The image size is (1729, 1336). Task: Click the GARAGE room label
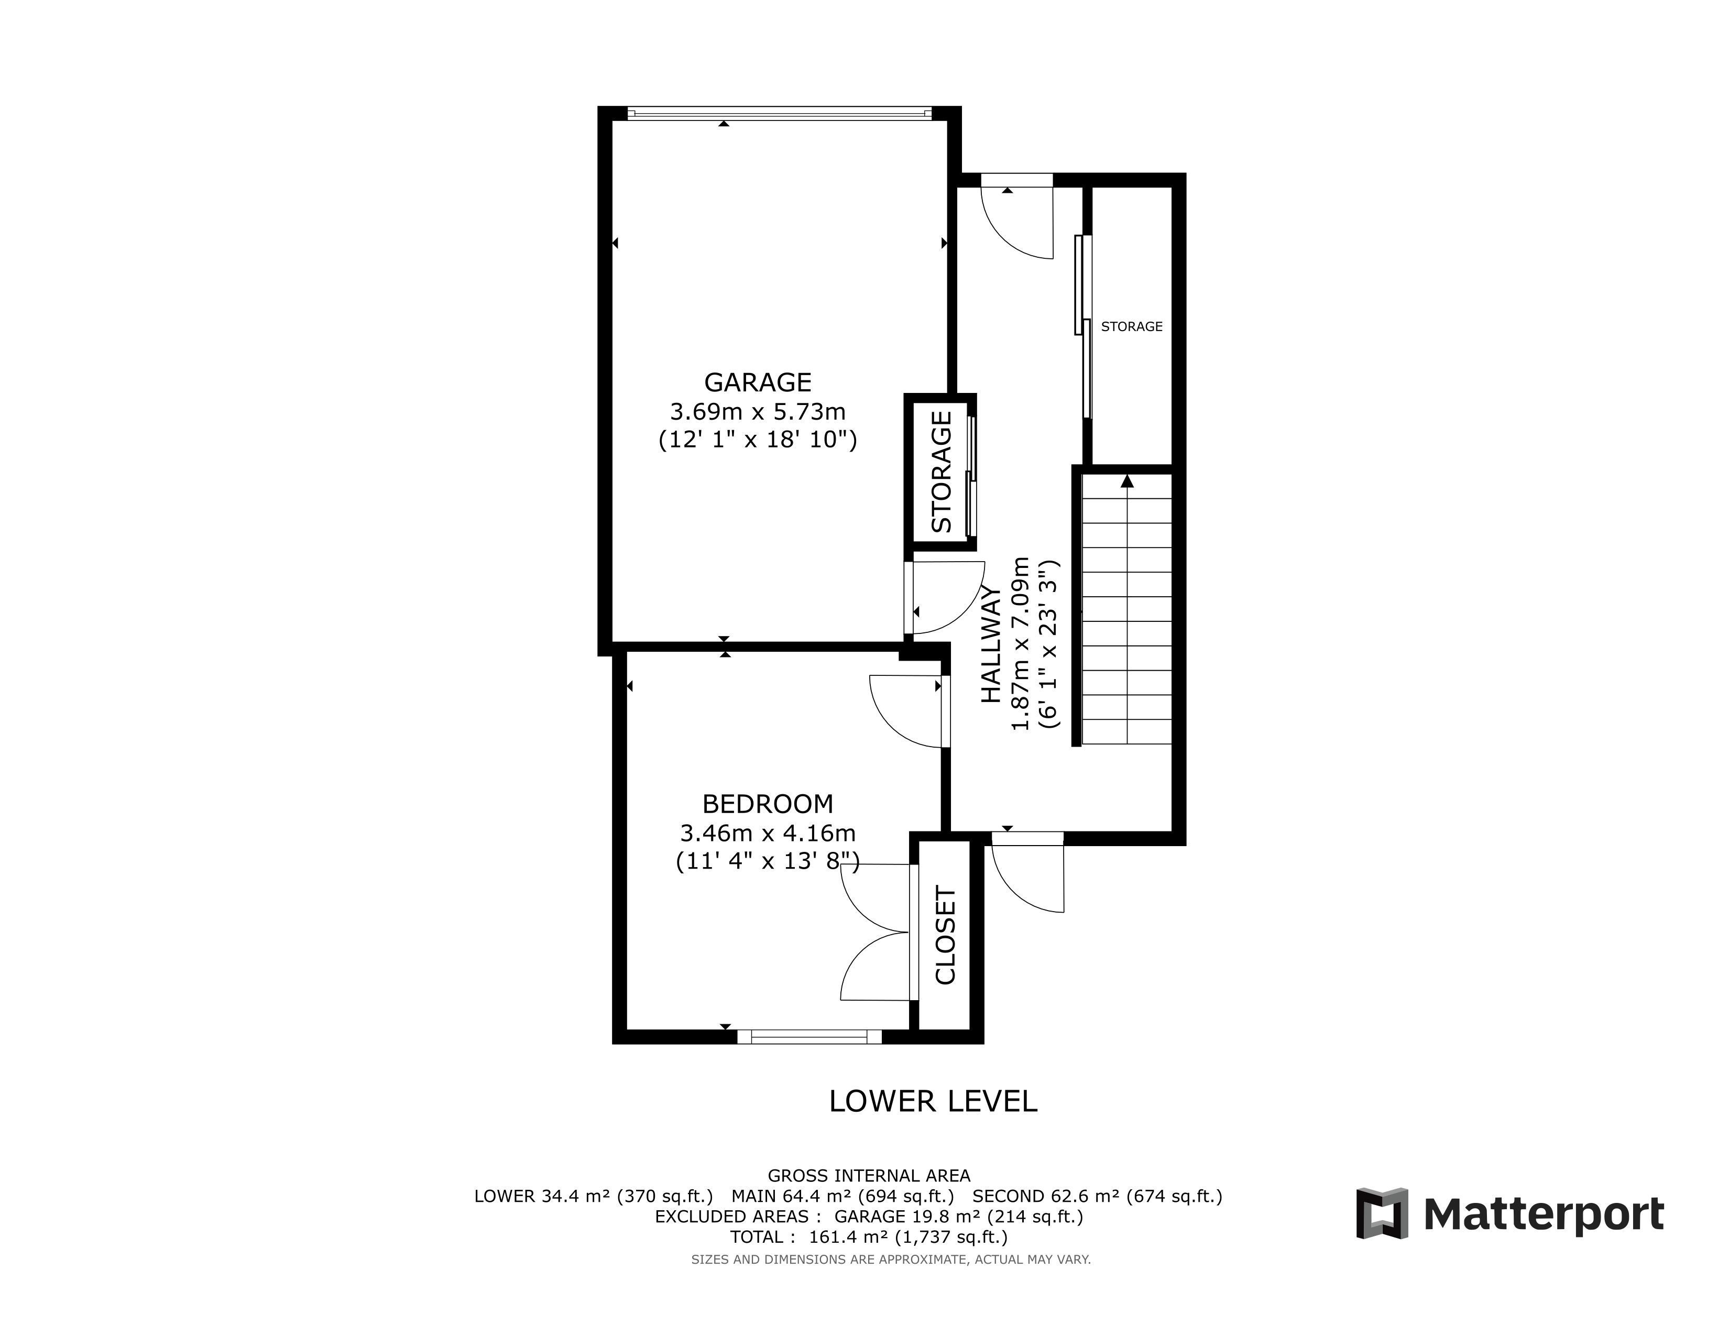point(758,382)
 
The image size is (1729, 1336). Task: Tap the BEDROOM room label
point(768,804)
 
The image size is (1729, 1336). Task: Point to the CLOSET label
point(946,936)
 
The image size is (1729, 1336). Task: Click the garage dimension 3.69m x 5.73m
point(758,412)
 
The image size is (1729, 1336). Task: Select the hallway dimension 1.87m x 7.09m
point(1021,643)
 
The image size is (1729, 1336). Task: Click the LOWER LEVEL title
point(933,1101)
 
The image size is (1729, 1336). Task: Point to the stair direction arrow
point(1128,480)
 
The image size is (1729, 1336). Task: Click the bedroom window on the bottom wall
point(809,1037)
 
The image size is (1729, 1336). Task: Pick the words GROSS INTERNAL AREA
point(869,1176)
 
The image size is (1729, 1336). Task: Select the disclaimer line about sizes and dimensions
point(891,1259)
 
